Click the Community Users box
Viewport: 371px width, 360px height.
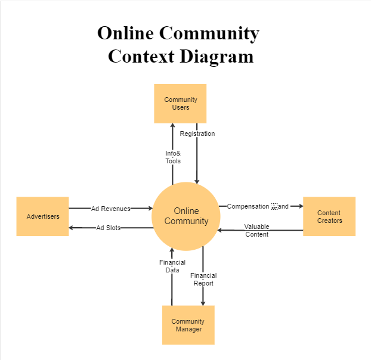180,104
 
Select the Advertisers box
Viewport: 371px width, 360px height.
43,216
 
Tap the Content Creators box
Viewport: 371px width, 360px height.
329,216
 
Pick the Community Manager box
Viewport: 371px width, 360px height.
188,325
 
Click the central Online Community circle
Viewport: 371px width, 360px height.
187,216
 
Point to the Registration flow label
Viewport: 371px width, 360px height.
197,134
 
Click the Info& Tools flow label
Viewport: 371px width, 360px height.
173,157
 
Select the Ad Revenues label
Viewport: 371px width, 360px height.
110,209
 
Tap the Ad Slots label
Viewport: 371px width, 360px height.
109,228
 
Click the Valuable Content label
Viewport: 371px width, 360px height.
256,231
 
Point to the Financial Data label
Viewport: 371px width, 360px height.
172,266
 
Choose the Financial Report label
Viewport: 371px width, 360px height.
203,280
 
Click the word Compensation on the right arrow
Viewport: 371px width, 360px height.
248,206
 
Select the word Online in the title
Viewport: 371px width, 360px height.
125,33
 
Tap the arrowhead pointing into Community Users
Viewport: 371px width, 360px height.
173,126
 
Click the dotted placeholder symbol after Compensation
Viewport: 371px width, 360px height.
274,206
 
